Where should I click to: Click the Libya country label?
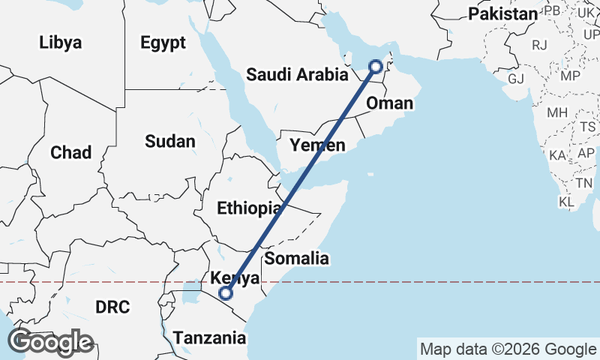pos(60,43)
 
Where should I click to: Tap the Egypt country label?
pos(163,43)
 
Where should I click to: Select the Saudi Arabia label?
pos(298,74)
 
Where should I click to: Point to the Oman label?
pos(390,103)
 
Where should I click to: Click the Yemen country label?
pos(318,145)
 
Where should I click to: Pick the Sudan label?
pos(170,141)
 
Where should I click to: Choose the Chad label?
pos(70,153)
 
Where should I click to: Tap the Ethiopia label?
pos(249,208)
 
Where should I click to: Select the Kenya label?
pos(235,278)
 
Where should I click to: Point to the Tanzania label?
pos(209,338)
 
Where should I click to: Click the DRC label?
pos(112,307)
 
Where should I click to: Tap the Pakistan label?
pos(502,14)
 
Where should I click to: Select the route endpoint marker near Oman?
pos(376,67)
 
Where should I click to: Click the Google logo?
pos(51,342)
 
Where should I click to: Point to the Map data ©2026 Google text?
pos(508,349)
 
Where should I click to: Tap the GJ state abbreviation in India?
pos(516,79)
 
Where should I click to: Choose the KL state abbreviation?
pos(567,202)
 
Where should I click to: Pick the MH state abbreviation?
pos(557,113)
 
